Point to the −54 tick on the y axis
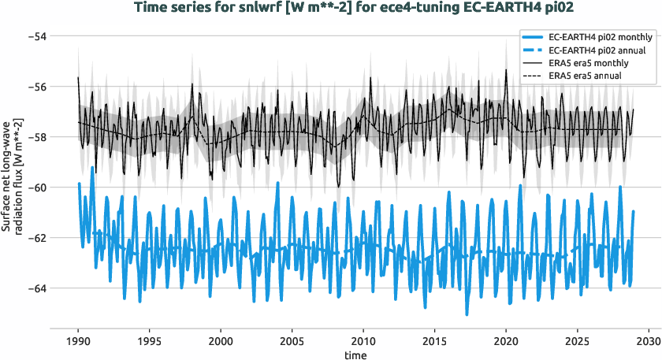(36, 36)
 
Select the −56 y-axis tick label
(36, 87)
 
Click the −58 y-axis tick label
(36, 137)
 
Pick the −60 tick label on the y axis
(36, 187)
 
